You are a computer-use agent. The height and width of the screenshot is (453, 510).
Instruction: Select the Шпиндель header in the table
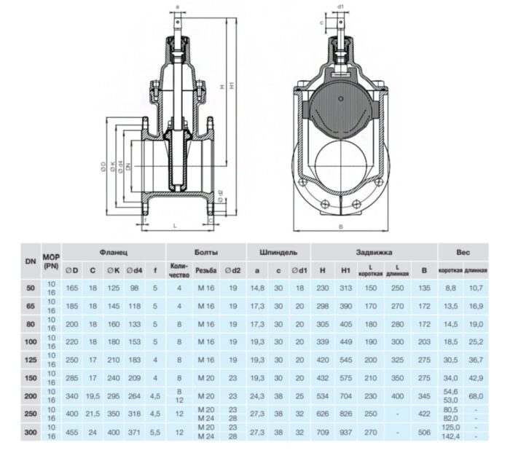coord(278,252)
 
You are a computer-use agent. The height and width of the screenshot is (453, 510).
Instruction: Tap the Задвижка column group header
coord(374,252)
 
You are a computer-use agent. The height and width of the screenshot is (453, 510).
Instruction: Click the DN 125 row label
coord(30,358)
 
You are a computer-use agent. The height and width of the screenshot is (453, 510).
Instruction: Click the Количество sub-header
coord(178,272)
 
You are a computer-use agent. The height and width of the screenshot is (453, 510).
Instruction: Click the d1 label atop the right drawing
coord(341,7)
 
